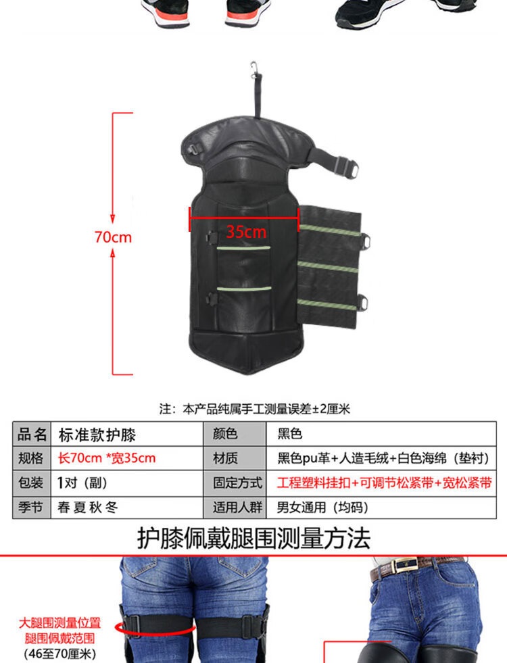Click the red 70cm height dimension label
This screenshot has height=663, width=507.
tap(113, 237)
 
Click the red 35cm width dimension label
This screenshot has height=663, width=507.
tap(246, 232)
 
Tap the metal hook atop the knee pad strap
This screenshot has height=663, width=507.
tap(254, 69)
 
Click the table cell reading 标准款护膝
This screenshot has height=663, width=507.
tap(97, 435)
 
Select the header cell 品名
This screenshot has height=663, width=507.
tap(32, 435)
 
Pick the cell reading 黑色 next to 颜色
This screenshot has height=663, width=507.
tap(289, 434)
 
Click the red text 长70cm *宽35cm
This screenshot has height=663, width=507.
tap(107, 458)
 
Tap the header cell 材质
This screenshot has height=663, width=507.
tap(225, 458)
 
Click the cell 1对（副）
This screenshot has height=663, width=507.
tap(82, 483)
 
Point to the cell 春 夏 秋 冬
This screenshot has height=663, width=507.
tap(87, 507)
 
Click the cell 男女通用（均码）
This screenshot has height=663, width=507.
tap(322, 507)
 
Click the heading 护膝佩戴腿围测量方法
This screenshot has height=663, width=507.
tap(254, 538)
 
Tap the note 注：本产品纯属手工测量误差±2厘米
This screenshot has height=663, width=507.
tap(255, 409)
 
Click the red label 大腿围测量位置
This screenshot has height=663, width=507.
tap(59, 623)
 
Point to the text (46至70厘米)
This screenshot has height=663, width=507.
tap(59, 654)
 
